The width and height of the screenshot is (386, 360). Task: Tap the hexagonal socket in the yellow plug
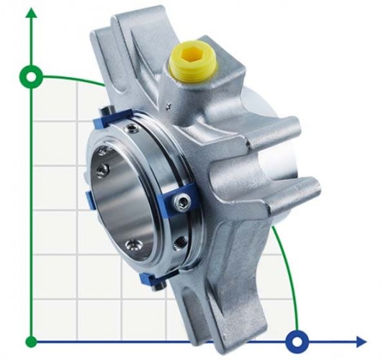192,54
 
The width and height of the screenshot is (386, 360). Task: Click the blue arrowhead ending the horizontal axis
360,341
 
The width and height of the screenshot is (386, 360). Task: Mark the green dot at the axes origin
31,341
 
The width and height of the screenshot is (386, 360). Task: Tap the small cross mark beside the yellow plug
167,107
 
